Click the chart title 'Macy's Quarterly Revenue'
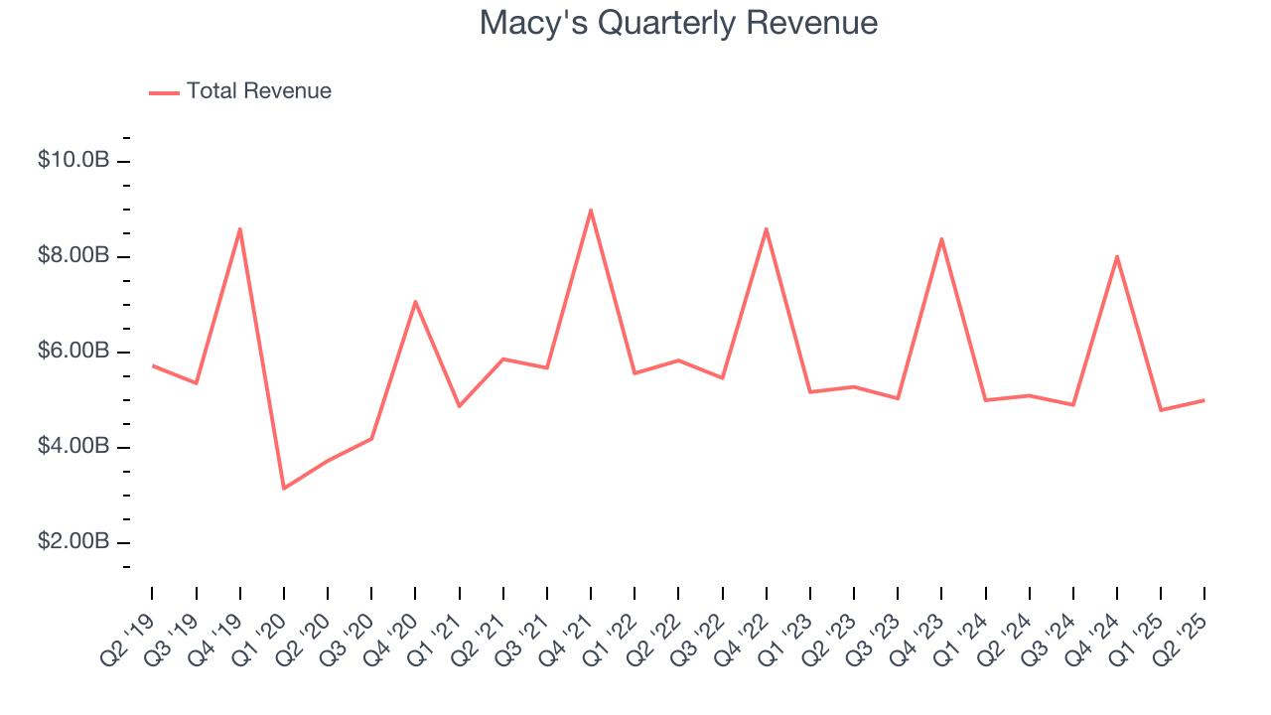[678, 23]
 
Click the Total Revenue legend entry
[240, 91]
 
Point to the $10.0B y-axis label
[73, 161]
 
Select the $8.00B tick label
[73, 256]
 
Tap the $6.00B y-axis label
[73, 352]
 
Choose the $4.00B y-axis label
[73, 447]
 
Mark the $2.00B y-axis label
[73, 542]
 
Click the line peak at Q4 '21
[591, 211]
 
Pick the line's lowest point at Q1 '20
[284, 488]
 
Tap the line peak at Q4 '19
[239, 229]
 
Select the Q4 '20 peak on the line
[415, 302]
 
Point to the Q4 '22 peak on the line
[767, 229]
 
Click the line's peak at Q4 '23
[941, 239]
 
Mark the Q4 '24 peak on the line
[1117, 257]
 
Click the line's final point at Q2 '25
[1204, 400]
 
